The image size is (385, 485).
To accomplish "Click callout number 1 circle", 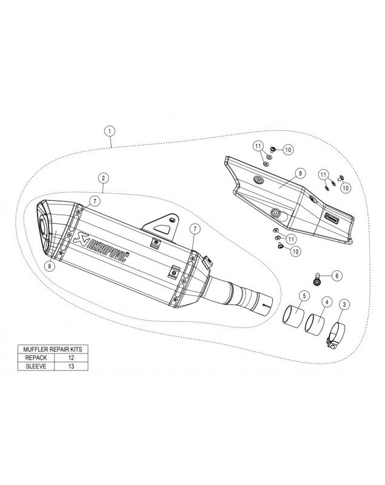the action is pyautogui.click(x=110, y=131).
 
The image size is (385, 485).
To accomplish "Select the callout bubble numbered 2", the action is pyautogui.click(x=103, y=178).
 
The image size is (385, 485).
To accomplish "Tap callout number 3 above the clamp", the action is pyautogui.click(x=344, y=304).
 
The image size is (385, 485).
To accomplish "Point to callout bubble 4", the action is pyautogui.click(x=327, y=301).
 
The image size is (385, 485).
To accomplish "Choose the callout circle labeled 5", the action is pyautogui.click(x=304, y=296).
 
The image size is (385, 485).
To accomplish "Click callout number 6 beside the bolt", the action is pyautogui.click(x=337, y=275).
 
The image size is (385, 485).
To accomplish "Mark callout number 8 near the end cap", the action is pyautogui.click(x=50, y=266).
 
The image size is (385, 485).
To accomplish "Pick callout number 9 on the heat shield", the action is pyautogui.click(x=300, y=173).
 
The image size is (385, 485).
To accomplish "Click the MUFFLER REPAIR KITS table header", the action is pyautogui.click(x=53, y=349).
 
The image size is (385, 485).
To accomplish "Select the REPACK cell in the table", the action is pyautogui.click(x=36, y=358).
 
